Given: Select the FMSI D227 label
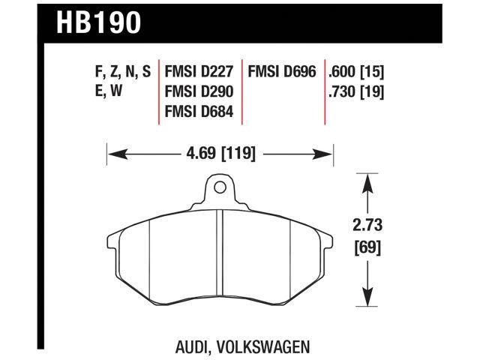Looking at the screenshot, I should coord(200,73).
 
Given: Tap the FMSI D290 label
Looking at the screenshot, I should coord(200,93).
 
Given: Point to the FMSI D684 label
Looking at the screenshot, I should coord(200,112).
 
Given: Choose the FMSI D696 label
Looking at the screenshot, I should coord(283,73).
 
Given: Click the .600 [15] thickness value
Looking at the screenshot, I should coord(356,73).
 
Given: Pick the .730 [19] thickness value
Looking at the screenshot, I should coord(356,93).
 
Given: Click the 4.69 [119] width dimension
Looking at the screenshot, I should coord(220,154).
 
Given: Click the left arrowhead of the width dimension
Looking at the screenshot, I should coord(113,154).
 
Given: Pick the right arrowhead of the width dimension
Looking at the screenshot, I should coord(328,154).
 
